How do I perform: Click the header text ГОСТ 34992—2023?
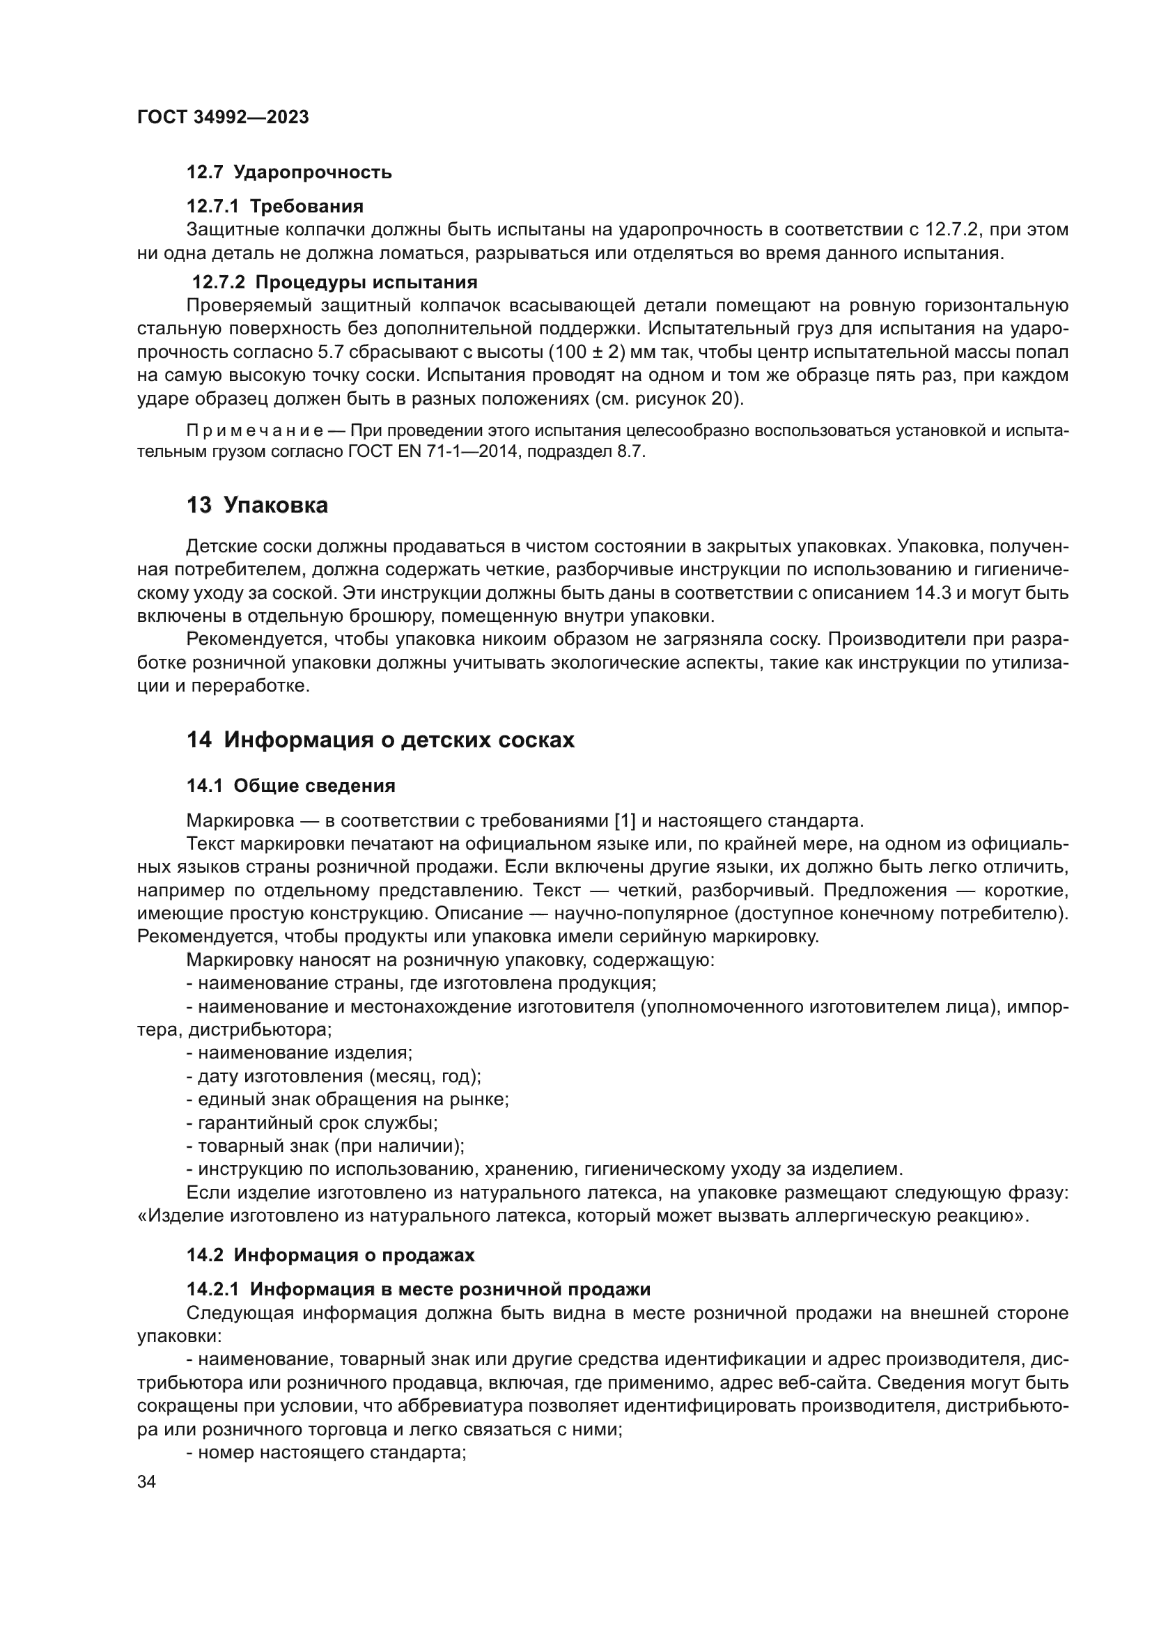(223, 118)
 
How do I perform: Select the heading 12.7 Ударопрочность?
(289, 173)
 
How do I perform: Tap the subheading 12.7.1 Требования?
(274, 206)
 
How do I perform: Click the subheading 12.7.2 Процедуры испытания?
(335, 282)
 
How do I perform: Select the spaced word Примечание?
(255, 430)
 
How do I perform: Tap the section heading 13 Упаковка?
(257, 506)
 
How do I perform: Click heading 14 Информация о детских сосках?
(380, 740)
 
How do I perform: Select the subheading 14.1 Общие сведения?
(291, 786)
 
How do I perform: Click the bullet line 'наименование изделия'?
(299, 1052)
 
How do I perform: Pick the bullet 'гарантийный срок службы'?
(312, 1123)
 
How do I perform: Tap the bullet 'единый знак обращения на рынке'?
(348, 1100)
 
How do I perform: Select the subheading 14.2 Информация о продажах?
(331, 1255)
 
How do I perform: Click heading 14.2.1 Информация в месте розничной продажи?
(419, 1289)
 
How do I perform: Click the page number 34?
(147, 1483)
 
